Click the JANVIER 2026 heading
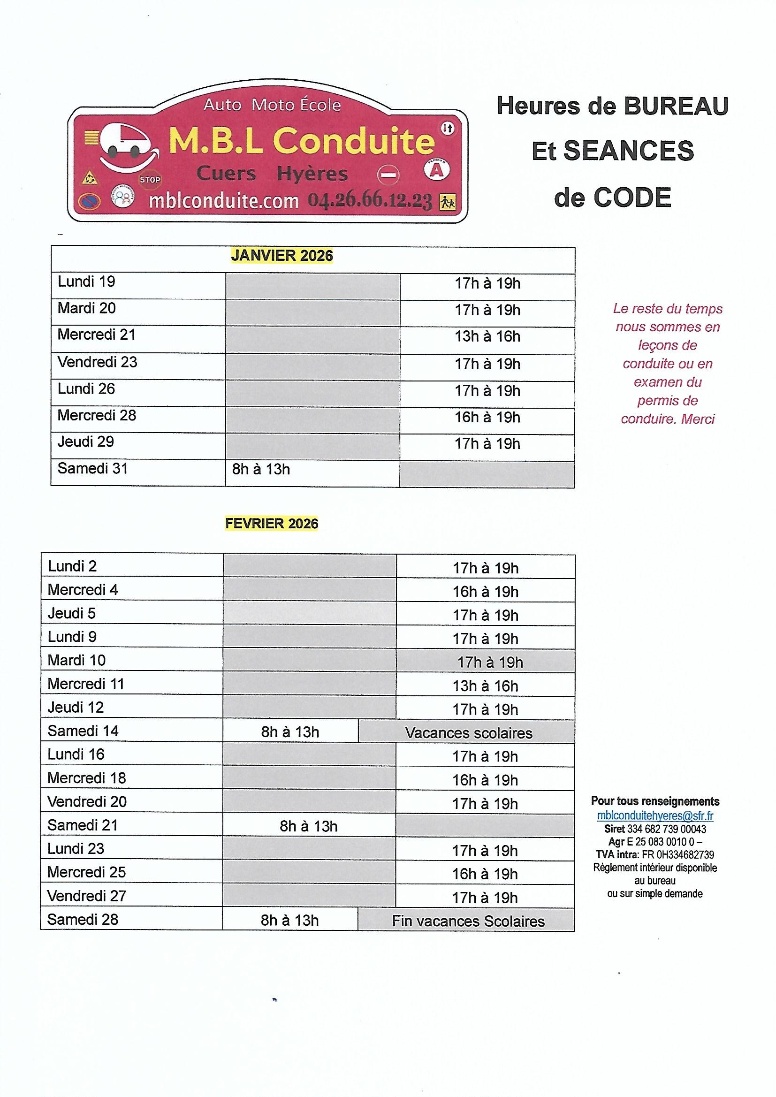click(x=282, y=256)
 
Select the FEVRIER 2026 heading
click(x=271, y=524)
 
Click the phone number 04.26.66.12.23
click(x=370, y=201)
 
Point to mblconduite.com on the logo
click(x=224, y=201)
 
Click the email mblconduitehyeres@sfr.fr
click(x=655, y=815)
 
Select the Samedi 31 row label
click(x=93, y=468)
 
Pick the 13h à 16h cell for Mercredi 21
click(x=487, y=337)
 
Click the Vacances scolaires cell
click(x=468, y=733)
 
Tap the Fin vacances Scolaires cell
click(x=468, y=922)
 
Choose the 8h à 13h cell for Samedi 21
click(x=309, y=827)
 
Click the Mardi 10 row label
click(x=76, y=660)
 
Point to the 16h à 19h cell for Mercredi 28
click(x=487, y=418)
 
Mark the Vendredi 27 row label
click(x=86, y=896)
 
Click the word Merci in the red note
click(x=698, y=419)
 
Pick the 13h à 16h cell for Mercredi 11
click(x=485, y=686)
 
